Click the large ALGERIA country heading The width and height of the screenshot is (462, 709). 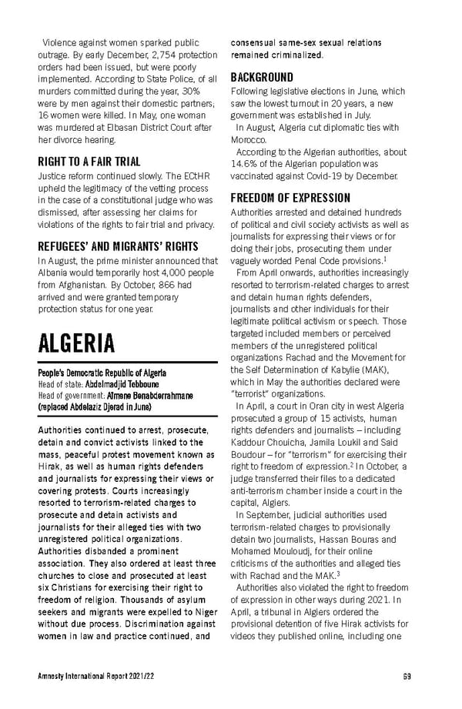tap(77, 342)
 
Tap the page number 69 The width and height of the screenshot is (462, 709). tap(407, 677)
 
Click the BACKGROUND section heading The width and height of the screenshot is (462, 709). tap(262, 77)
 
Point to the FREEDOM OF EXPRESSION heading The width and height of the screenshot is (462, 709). tap(290, 198)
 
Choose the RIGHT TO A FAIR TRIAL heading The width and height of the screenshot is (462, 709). tap(89, 162)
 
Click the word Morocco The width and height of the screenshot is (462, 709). tap(248, 139)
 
